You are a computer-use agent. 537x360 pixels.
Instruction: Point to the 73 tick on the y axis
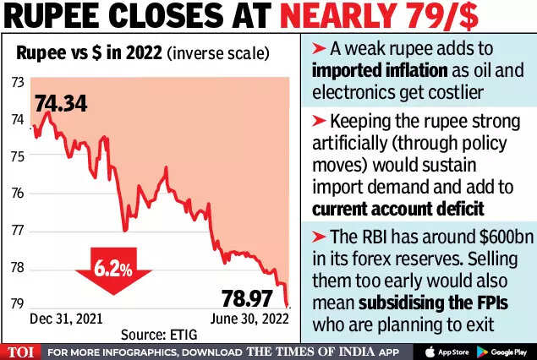pos(16,83)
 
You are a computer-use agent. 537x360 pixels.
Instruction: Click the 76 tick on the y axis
pos(16,194)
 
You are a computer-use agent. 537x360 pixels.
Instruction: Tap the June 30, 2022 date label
pos(248,319)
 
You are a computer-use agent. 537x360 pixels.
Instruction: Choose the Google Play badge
pos(501,351)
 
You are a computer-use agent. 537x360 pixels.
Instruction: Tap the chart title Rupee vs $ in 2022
pos(88,53)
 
